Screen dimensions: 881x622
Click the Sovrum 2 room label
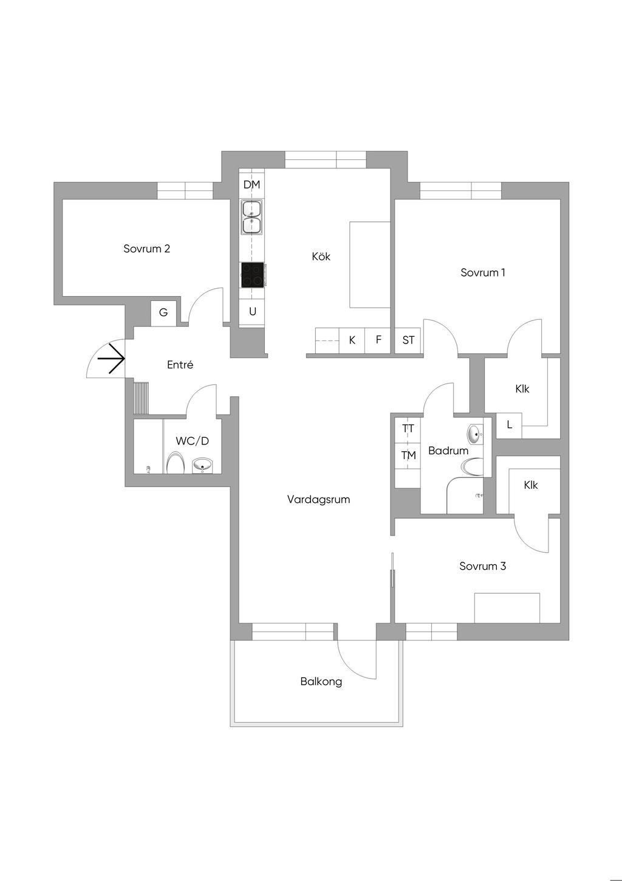coord(146,249)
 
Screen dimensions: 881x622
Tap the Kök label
coord(321,257)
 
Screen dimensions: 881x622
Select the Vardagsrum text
coord(318,500)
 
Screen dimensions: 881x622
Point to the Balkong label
coord(321,682)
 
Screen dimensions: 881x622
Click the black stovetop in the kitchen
coord(253,275)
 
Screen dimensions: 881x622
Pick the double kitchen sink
coord(252,217)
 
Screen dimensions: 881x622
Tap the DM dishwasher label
coord(251,184)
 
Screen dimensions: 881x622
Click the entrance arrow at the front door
coord(111,359)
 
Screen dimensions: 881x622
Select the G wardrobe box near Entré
coord(163,313)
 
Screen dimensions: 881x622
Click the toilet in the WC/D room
coord(176,463)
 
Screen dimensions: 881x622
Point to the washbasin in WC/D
coord(202,466)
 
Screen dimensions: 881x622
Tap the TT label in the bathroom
coord(408,429)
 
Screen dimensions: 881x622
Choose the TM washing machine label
coord(408,455)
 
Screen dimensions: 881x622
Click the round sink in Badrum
coord(475,434)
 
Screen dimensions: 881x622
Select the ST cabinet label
coord(408,340)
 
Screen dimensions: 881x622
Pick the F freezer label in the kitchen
coord(378,340)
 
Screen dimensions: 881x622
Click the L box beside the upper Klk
coord(509,425)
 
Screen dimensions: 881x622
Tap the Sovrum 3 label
coord(482,566)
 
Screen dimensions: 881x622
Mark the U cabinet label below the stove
coord(253,312)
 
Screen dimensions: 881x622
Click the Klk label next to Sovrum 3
coord(530,485)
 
